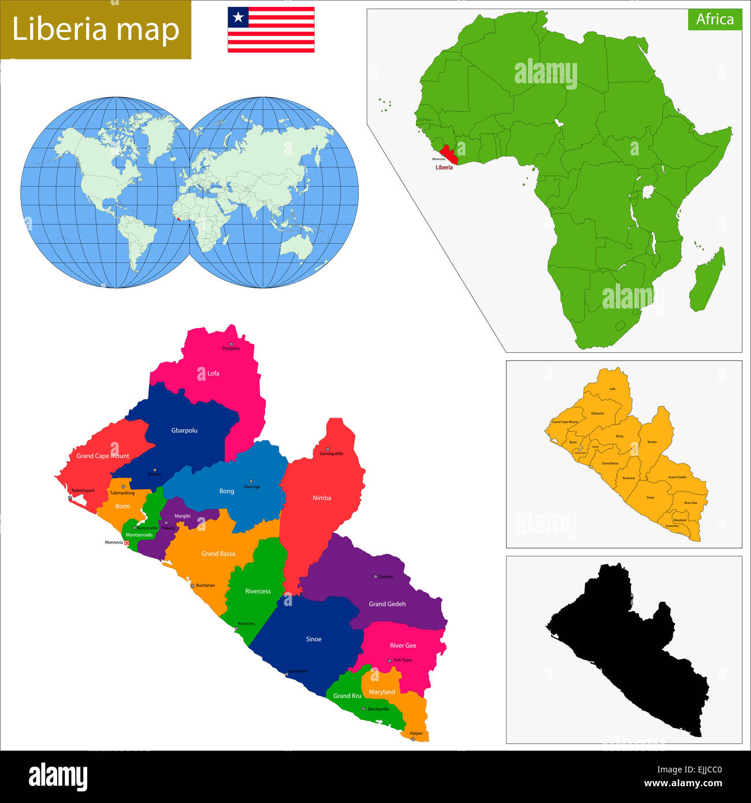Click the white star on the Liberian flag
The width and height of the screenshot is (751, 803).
[x=238, y=17]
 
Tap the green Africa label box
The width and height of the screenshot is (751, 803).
[x=715, y=19]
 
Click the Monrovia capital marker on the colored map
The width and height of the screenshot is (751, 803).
[x=127, y=542]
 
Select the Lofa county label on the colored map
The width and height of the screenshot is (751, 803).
[x=213, y=373]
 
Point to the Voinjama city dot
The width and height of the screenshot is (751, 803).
[x=231, y=344]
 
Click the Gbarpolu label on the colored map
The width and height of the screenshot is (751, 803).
[x=184, y=430]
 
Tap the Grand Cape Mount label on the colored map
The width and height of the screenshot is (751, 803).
[x=103, y=456]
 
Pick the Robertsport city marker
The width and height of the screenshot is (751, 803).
[x=70, y=497]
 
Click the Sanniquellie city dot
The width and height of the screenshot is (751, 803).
[x=327, y=449]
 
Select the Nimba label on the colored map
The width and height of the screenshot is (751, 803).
[x=322, y=497]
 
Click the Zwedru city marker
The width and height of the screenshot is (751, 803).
[x=375, y=576]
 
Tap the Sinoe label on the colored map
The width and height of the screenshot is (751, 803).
[x=314, y=639]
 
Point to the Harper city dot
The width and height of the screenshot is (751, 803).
[x=412, y=738]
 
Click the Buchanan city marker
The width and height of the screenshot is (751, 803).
[x=192, y=586]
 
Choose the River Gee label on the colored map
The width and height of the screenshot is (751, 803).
[x=403, y=645]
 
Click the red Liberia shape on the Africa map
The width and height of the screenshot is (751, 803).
[x=450, y=154]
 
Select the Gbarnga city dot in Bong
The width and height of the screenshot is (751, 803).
[x=251, y=481]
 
